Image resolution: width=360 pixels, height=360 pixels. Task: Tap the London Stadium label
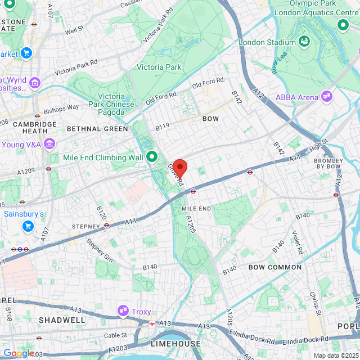(x=267, y=42)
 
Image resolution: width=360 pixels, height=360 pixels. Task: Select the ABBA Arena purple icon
(x=326, y=97)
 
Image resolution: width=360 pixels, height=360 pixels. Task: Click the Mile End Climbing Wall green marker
(x=151, y=157)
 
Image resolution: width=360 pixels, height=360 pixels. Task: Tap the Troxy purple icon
(x=123, y=311)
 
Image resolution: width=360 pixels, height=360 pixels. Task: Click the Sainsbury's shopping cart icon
(x=27, y=226)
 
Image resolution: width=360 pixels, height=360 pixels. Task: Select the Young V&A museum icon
(x=49, y=143)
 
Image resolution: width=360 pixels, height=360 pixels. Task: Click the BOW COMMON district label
(x=275, y=267)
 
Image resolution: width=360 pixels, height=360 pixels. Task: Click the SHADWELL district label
(x=62, y=320)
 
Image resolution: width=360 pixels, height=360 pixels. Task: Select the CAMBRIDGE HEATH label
(x=35, y=128)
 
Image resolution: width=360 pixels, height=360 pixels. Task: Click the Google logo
(x=18, y=353)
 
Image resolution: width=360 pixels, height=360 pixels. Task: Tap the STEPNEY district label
(x=85, y=226)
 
